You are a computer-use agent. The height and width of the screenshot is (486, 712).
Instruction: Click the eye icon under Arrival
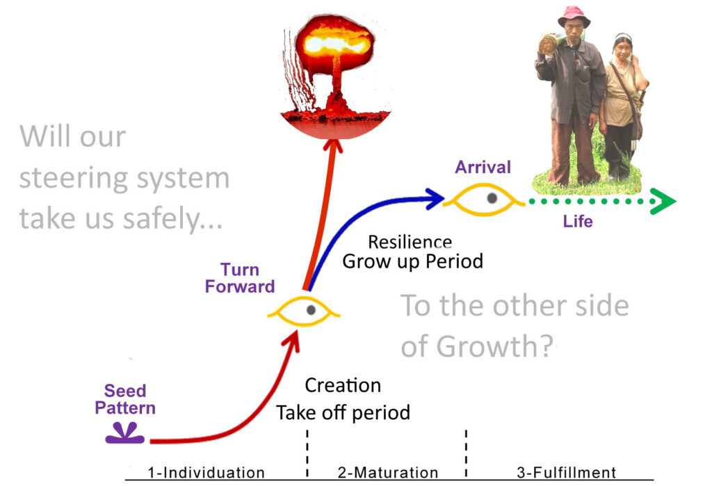click(x=492, y=199)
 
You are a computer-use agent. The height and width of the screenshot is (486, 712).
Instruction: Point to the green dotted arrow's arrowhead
click(x=664, y=201)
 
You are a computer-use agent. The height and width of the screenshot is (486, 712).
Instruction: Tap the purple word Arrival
click(x=483, y=168)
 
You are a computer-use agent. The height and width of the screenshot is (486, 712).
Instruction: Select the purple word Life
click(x=578, y=222)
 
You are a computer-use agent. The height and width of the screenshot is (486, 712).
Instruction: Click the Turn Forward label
click(x=239, y=277)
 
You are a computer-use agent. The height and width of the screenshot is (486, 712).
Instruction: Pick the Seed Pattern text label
click(x=125, y=399)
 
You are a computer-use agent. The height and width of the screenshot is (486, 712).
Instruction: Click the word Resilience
click(x=410, y=242)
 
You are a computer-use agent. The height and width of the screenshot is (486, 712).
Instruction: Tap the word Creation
click(x=343, y=385)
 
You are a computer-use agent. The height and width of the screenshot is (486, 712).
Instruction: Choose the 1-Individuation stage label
click(x=207, y=473)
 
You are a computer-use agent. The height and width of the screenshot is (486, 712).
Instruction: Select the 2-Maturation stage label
click(x=388, y=473)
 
